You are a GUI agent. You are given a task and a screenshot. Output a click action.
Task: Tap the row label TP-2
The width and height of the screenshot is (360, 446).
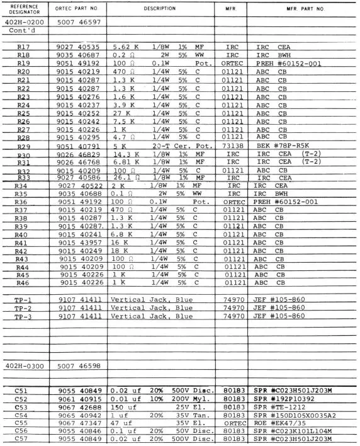tap(25, 309)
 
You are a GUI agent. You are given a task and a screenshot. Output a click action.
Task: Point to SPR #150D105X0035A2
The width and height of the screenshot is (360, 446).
tap(298, 416)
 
